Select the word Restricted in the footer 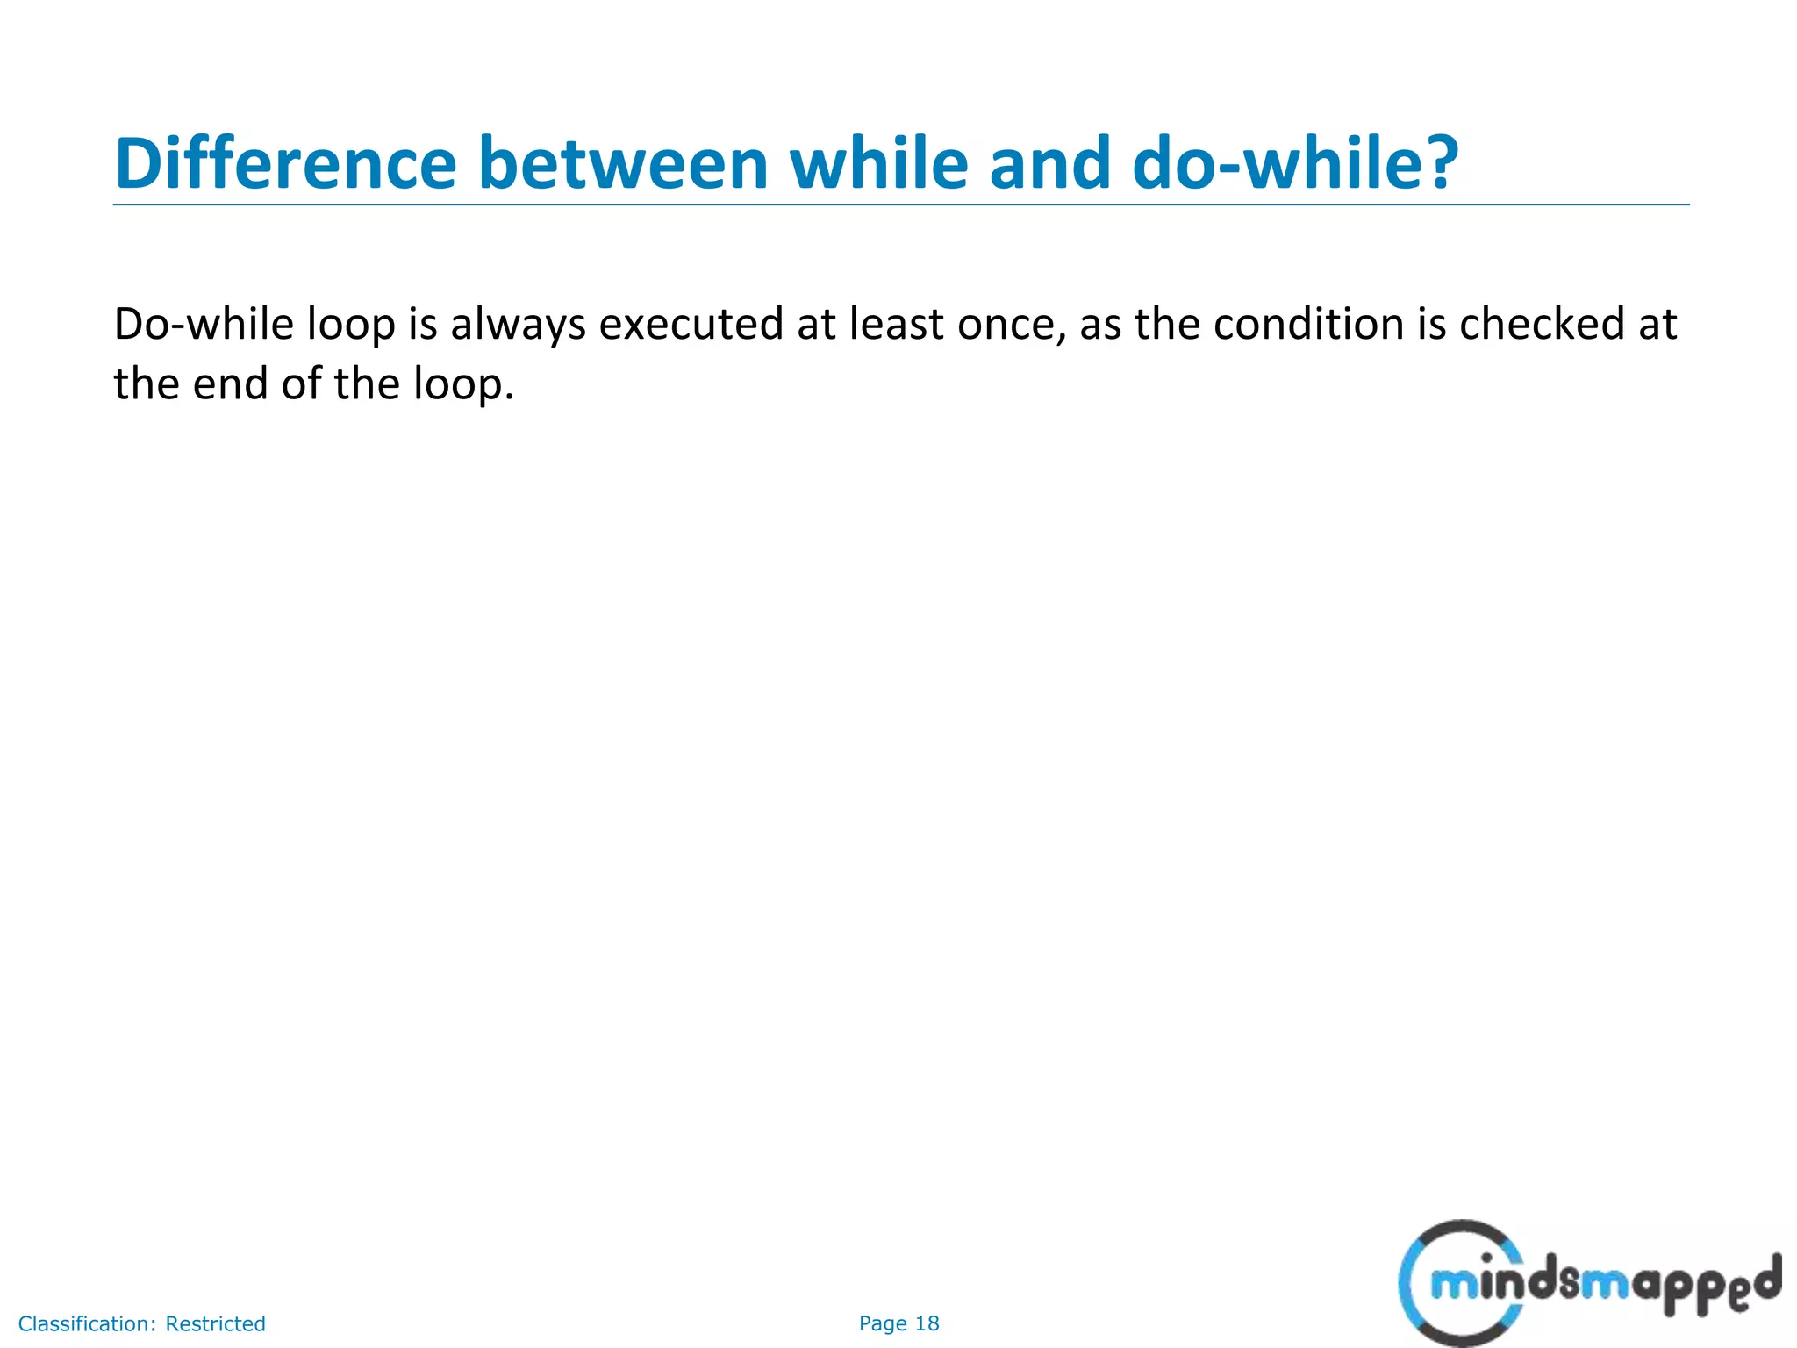click(x=215, y=1323)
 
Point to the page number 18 click(x=927, y=1323)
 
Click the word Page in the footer click(x=882, y=1323)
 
